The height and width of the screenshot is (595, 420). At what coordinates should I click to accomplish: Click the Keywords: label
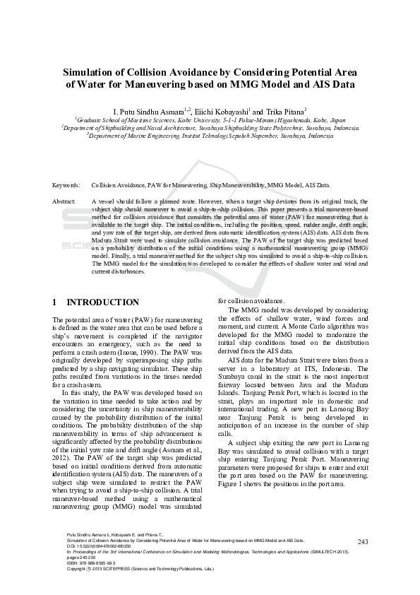[66, 185]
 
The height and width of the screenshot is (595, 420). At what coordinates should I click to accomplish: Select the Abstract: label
[65, 201]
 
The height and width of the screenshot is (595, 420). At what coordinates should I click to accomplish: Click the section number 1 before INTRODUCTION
[55, 302]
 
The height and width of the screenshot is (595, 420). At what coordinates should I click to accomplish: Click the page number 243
[364, 542]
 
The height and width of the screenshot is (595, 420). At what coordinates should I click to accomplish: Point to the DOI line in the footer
[98, 546]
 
